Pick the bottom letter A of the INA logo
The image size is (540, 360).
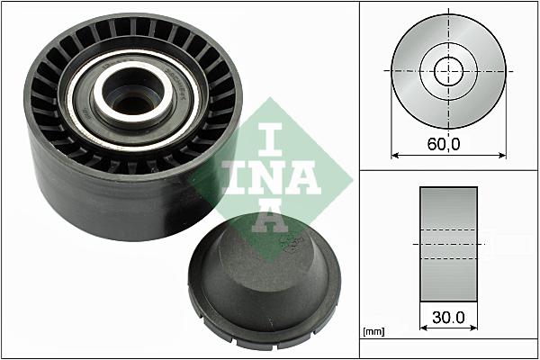point(267,218)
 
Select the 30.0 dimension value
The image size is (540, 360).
point(447,319)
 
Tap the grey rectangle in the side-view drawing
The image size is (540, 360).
point(447,243)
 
